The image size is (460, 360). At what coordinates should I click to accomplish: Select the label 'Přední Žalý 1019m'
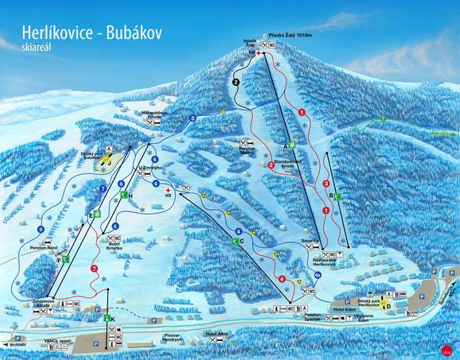pyautogui.click(x=294, y=35)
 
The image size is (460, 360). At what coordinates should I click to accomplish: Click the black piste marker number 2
pyautogui.click(x=236, y=81)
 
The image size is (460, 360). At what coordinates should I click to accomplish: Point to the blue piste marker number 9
pyautogui.click(x=40, y=230)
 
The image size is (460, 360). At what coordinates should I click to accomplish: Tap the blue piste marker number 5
pyautogui.click(x=193, y=119)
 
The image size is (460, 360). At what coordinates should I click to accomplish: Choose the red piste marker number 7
pyautogui.click(x=95, y=269)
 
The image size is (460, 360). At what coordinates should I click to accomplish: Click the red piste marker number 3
pyautogui.click(x=326, y=184)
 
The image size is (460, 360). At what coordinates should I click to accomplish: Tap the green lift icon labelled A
pyautogui.click(x=292, y=145)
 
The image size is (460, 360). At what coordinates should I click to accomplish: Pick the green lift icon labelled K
pyautogui.click(x=108, y=319)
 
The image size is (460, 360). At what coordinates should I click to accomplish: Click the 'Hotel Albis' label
pyautogui.click(x=216, y=334)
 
